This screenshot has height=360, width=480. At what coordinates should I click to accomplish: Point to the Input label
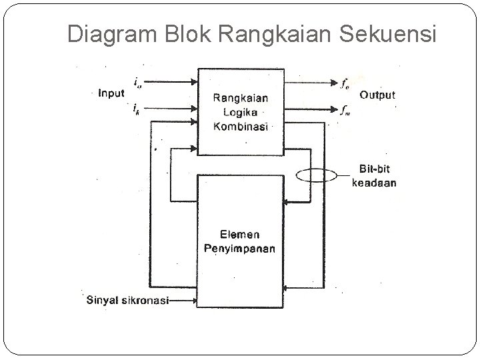[x=111, y=93]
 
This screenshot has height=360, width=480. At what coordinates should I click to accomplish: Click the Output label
[x=377, y=95]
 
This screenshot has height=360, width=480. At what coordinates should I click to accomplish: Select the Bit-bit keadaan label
[x=373, y=177]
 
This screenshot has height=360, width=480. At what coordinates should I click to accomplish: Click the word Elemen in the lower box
[x=241, y=235]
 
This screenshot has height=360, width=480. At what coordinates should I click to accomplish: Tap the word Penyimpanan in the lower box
[x=241, y=249]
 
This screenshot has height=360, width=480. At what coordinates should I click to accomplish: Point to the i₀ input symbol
[x=137, y=83]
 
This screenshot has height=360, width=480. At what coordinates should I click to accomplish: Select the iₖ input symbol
[x=136, y=107]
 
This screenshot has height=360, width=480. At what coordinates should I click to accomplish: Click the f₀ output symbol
[x=344, y=83]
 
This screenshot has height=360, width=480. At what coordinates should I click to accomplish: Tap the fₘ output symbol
[x=345, y=110]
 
